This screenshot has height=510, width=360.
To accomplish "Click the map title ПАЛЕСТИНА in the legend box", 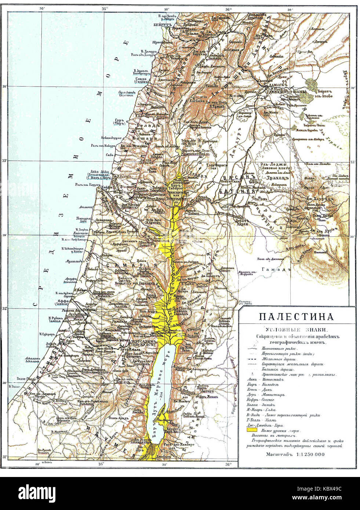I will [x=296, y=317].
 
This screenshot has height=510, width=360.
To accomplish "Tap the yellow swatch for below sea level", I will [x=251, y=430].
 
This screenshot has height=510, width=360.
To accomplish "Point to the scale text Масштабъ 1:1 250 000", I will [x=295, y=454].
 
